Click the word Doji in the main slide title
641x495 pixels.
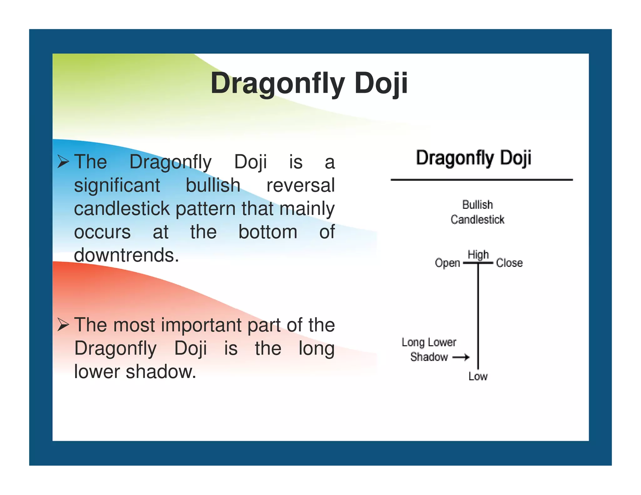[x=381, y=83]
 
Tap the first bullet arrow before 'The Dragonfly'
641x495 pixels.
[x=63, y=162]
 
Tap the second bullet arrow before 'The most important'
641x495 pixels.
[x=63, y=325]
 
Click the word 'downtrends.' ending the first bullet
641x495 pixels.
[x=126, y=255]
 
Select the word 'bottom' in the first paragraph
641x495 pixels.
[x=268, y=232]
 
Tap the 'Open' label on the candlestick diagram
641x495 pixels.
[x=447, y=263]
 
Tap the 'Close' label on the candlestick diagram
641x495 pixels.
[x=509, y=263]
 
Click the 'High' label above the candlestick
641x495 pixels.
[x=478, y=255]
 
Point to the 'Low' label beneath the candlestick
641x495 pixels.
[x=478, y=376]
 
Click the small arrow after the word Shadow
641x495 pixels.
[x=461, y=357]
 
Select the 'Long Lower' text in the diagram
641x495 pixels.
[x=429, y=342]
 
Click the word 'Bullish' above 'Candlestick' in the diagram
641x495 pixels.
[x=478, y=205]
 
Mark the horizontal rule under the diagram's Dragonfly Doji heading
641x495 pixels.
[x=481, y=180]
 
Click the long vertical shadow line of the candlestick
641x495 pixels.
[x=478, y=313]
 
